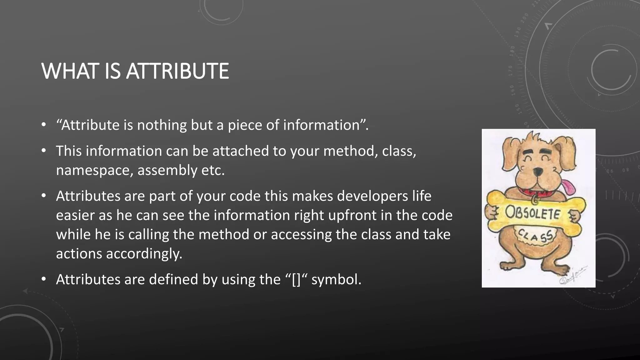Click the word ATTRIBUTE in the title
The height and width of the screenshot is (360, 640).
[x=177, y=71]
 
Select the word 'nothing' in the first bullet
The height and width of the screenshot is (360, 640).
[x=161, y=125]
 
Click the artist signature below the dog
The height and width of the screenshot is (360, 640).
[x=572, y=275]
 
